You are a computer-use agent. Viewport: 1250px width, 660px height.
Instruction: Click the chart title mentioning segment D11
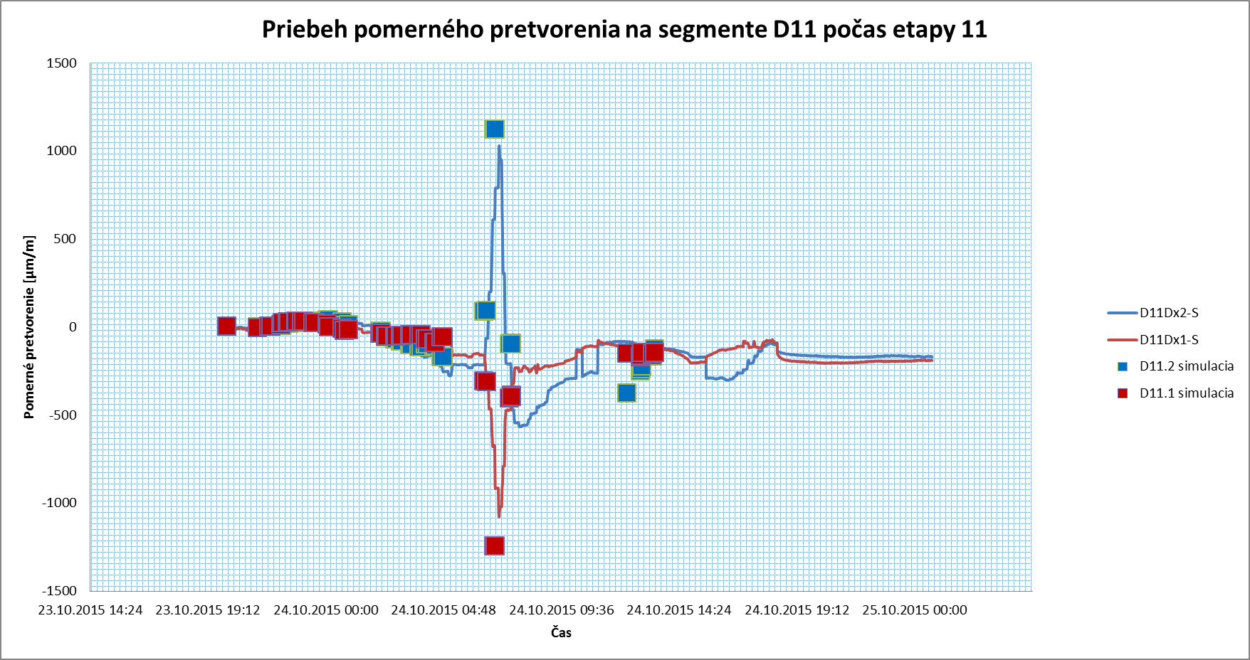click(x=624, y=29)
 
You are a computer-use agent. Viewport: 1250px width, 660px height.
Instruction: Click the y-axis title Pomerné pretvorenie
click(x=29, y=326)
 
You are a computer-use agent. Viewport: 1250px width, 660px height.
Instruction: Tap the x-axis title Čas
click(x=561, y=632)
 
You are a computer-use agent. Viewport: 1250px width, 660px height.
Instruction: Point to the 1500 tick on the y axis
click(x=62, y=63)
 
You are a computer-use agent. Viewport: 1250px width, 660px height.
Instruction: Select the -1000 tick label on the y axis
click(x=59, y=503)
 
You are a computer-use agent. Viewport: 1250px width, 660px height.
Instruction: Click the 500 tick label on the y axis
click(x=65, y=239)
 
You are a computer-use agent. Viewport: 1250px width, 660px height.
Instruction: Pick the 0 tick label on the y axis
click(x=73, y=327)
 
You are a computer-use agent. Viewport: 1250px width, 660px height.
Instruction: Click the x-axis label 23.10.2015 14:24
click(x=90, y=610)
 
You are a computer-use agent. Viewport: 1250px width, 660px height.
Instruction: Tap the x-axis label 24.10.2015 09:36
click(x=562, y=610)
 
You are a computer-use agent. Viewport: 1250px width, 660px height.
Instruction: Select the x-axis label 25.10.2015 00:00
click(x=915, y=610)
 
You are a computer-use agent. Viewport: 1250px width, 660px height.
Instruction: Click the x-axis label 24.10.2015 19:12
click(x=797, y=610)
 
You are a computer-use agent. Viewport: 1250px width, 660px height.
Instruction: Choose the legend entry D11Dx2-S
click(x=1169, y=313)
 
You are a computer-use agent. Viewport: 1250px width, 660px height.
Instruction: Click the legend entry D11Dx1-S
click(x=1169, y=340)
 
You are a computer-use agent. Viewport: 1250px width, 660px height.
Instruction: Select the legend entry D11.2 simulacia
click(x=1186, y=366)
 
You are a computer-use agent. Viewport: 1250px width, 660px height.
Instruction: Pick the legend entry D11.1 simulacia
click(x=1186, y=393)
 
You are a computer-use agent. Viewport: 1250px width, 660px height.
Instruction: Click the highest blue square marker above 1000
click(x=494, y=129)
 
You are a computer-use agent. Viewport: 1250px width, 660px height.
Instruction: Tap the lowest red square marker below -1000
click(x=494, y=545)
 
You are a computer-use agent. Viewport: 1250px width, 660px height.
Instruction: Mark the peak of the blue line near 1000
click(x=499, y=147)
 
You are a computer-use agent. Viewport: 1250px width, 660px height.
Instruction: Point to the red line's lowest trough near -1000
click(x=499, y=515)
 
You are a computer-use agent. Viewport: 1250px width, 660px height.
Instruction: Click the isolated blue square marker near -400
click(x=626, y=393)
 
